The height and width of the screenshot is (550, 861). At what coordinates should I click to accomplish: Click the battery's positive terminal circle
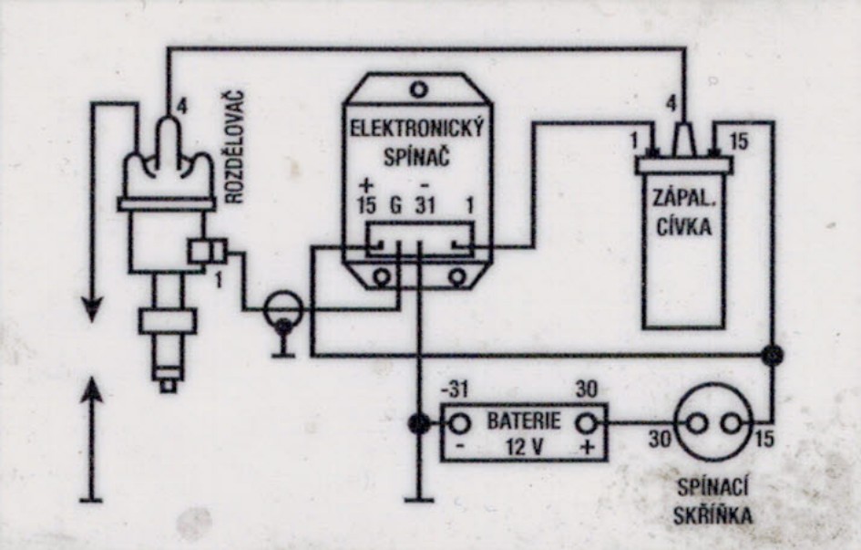[x=589, y=423]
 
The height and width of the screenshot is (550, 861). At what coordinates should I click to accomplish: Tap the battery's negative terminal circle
[x=460, y=423]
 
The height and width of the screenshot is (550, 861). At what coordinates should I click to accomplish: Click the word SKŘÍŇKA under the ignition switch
[x=713, y=516]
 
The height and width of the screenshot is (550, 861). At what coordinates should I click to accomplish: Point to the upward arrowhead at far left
[x=92, y=394]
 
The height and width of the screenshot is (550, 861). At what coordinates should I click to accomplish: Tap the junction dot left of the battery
[x=418, y=423]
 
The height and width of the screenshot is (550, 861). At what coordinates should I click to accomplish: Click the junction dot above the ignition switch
[x=773, y=354]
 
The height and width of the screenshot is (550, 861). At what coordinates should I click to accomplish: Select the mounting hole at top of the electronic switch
[x=418, y=89]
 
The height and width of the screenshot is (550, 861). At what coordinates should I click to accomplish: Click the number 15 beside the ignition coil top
[x=739, y=141]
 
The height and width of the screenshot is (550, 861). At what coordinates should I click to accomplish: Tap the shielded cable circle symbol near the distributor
[x=282, y=310]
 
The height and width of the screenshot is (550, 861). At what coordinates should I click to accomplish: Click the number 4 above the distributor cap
[x=183, y=107]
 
